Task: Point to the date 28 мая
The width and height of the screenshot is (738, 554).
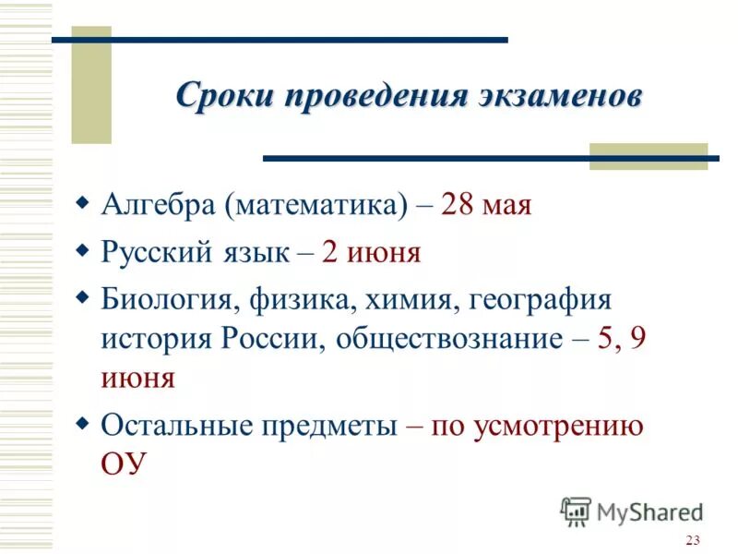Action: tap(486, 203)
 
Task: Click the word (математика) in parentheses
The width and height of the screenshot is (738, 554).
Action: tap(315, 204)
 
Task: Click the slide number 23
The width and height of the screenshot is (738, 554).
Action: tap(694, 540)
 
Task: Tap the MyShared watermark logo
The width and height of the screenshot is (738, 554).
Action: tap(632, 511)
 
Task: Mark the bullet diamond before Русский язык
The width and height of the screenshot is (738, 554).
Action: tap(82, 249)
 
